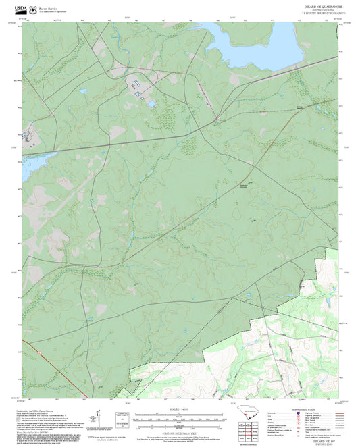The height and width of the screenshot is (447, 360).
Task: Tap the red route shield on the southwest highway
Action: (40, 352)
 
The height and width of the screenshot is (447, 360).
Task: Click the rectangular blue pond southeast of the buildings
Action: (150, 103)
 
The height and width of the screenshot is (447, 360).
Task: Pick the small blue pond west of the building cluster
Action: (82, 91)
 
